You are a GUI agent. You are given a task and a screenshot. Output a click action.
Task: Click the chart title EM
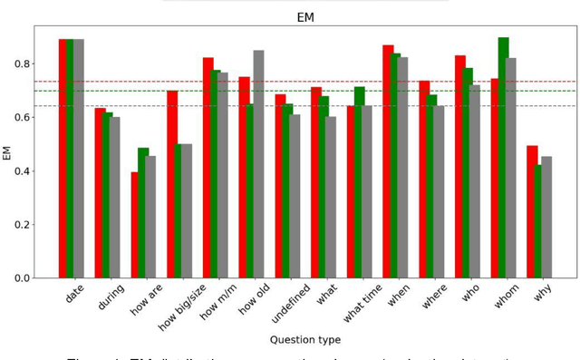click(305, 16)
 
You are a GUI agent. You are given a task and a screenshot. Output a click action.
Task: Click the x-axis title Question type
click(305, 340)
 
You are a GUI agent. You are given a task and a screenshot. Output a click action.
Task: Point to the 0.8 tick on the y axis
click(19, 63)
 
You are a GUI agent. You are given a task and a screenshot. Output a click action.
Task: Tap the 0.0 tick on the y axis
click(19, 277)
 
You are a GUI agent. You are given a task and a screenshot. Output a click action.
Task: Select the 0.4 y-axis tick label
click(19, 170)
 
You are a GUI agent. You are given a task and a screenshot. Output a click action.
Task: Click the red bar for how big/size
click(172, 184)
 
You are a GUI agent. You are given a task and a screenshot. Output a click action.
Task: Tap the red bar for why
click(532, 211)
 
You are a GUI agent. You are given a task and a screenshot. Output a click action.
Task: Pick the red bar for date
click(63, 159)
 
